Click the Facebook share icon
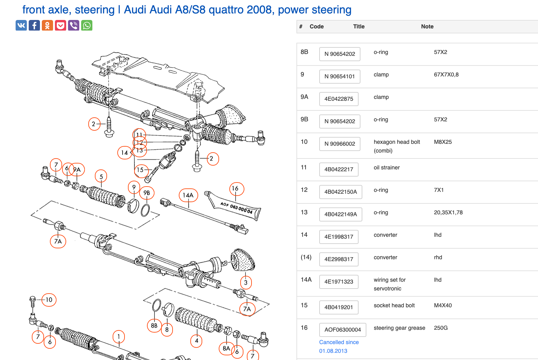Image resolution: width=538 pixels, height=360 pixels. click(x=34, y=25)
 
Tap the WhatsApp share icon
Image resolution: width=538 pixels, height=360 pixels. click(x=87, y=25)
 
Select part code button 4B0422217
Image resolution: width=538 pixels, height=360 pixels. click(x=339, y=169)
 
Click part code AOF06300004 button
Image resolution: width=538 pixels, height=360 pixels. click(x=342, y=330)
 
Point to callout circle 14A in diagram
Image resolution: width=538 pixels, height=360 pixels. click(x=188, y=195)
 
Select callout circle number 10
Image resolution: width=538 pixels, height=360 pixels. click(x=49, y=300)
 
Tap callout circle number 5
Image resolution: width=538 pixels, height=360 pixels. click(x=101, y=176)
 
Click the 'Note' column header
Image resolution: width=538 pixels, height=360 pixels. click(x=427, y=27)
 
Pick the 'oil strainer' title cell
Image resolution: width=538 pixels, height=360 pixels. click(x=386, y=168)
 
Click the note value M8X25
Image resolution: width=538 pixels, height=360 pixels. click(x=443, y=142)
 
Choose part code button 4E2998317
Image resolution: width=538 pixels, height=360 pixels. click(x=339, y=259)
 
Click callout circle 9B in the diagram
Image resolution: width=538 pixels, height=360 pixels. click(x=147, y=193)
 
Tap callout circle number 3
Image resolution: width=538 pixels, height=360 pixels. click(x=246, y=282)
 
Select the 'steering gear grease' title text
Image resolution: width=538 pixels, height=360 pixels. click(x=399, y=328)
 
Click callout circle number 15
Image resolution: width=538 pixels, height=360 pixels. click(x=141, y=170)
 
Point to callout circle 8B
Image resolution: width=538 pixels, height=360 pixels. click(x=154, y=325)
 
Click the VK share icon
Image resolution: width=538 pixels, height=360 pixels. click(x=21, y=25)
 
